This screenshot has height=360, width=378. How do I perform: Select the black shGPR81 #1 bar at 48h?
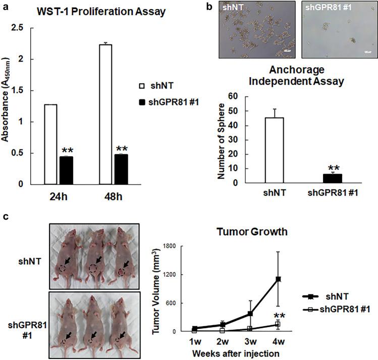[122, 169]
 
